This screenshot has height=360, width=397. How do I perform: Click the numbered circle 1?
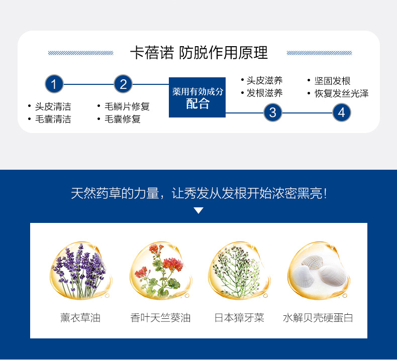point(54,84)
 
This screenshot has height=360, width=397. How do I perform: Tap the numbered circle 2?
point(123,84)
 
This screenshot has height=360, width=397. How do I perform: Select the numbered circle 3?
point(273,112)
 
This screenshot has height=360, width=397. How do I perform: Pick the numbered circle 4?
point(342,112)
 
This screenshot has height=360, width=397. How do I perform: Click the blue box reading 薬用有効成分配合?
point(197,97)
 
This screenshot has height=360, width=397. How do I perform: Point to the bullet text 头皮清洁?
point(53,106)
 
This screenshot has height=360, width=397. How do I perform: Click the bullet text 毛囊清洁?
point(53,119)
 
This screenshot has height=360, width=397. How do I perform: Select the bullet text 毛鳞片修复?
point(127,106)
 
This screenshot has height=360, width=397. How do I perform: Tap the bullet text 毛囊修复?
point(123,119)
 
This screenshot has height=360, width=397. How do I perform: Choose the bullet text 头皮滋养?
point(264,80)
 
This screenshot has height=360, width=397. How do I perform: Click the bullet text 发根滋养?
point(264,93)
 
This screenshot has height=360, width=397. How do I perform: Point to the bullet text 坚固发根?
point(333,81)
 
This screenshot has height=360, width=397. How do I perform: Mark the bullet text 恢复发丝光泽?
point(342,93)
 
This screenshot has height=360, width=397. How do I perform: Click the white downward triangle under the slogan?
point(198,210)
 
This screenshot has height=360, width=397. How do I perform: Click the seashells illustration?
point(319,271)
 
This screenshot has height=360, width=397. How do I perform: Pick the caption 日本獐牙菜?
point(239,318)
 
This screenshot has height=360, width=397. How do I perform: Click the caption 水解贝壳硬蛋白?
point(318,318)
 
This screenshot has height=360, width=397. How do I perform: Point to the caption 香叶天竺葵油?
point(160,318)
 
